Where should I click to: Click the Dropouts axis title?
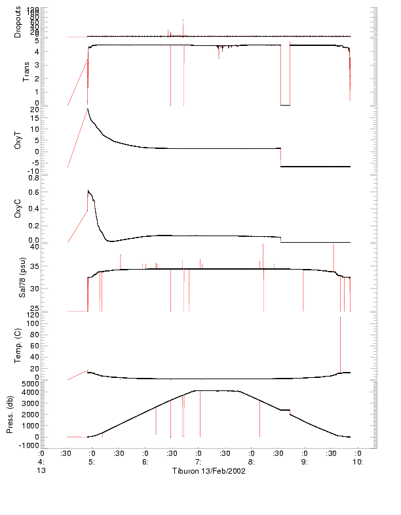(18, 22)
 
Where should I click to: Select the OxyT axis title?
(18, 139)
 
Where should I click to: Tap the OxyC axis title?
(18, 209)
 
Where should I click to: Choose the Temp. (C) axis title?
(18, 346)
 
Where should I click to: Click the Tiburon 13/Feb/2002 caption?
(208, 471)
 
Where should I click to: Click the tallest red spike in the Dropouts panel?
(183, 26)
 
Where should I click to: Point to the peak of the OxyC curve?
(88, 191)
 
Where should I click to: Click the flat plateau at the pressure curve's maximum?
(216, 391)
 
